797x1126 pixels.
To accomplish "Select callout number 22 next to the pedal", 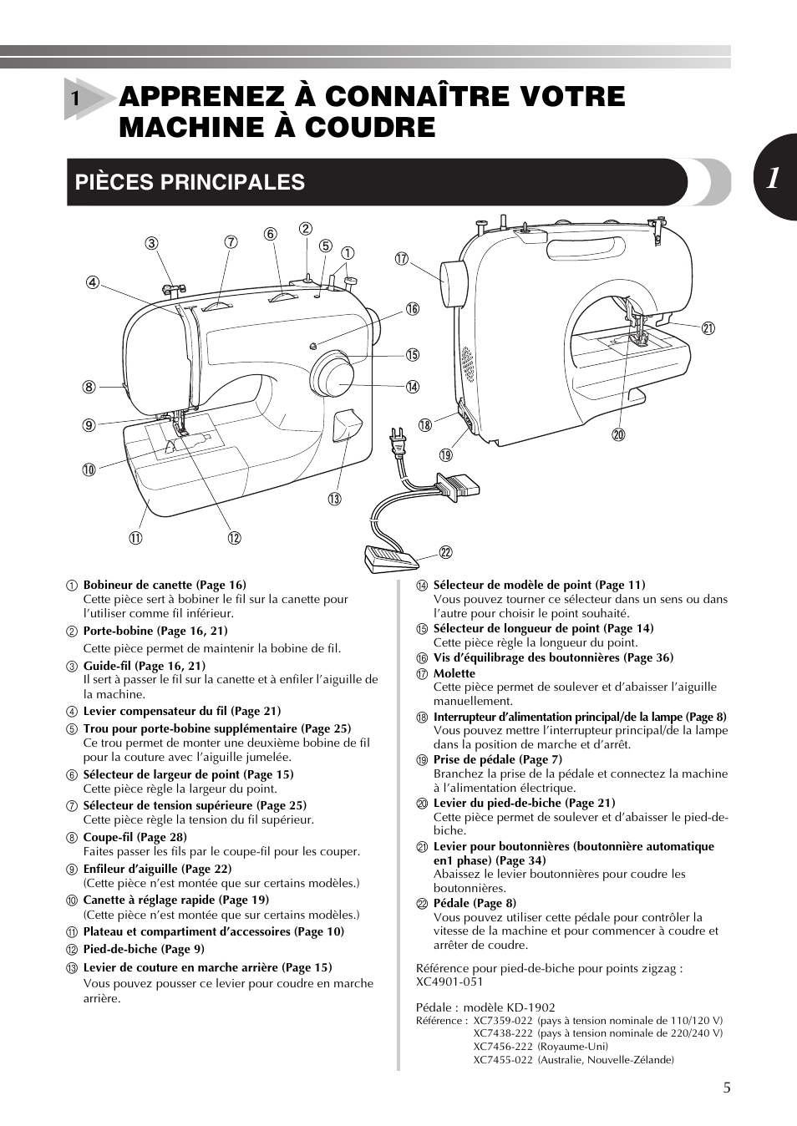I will pos(446,552).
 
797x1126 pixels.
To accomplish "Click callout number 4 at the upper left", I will pos(93,282).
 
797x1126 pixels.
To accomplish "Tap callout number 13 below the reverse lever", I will pos(334,499).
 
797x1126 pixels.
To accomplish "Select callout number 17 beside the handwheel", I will pos(402,258).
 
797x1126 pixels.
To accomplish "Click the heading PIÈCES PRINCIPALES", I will pos(190,182).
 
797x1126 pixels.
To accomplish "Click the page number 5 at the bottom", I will pos(726,1088).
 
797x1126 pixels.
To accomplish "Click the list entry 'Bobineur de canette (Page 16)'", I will pos(164,585).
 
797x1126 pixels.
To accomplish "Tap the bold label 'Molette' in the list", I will pos(454,673).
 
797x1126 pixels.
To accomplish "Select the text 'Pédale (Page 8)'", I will pos(474,903).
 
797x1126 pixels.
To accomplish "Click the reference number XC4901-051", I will pos(449,981).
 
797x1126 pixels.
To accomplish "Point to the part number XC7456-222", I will pos(502,1046).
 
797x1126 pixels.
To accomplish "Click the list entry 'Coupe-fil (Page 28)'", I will pos(135,837).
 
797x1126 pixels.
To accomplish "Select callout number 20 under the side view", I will pos(618,434).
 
